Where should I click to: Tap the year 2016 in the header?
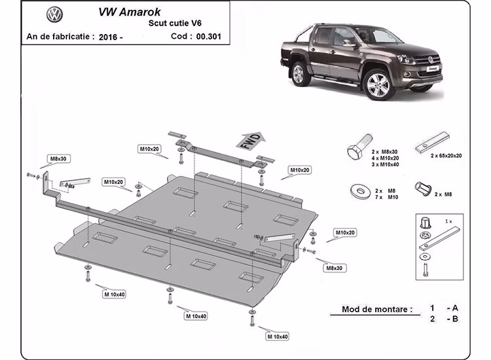pos(111,37)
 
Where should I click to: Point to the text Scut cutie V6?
pos(172,24)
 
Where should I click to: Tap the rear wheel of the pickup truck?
pos(299,73)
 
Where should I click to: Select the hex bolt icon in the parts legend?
pos(357,153)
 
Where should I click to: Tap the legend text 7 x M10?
pos(386,197)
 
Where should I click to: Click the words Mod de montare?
pos(377,308)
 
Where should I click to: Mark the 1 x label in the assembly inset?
pos(447,222)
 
